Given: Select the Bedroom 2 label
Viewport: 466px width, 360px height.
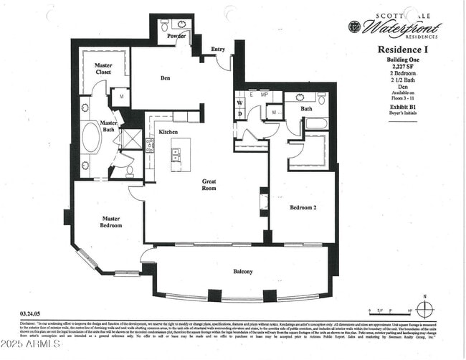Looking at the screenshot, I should point(303,207).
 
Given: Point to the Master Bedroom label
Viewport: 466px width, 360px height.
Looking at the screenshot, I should point(111,222).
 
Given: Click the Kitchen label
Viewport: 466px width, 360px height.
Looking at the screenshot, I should point(168,132).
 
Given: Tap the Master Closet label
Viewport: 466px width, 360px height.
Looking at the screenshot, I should point(104,69).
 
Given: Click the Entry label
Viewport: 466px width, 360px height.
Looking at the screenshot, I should point(218,49).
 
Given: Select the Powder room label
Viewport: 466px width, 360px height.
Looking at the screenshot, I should point(176,36).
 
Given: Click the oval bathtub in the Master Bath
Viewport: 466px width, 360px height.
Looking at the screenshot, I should point(91,139).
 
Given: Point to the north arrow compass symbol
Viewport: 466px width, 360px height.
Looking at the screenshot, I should point(425,310).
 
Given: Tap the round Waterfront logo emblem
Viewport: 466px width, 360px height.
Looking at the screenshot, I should point(354,27).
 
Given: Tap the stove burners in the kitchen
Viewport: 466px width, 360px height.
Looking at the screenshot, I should point(150,146).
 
